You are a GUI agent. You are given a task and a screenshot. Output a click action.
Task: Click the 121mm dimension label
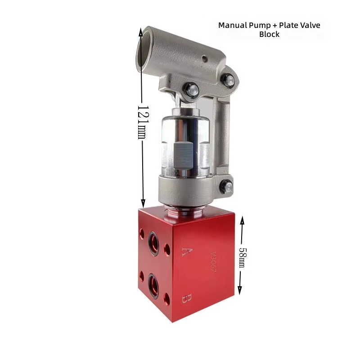[142, 122]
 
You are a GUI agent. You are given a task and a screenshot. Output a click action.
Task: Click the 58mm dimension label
[242, 257]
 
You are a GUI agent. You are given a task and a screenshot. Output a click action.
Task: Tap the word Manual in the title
[233, 25]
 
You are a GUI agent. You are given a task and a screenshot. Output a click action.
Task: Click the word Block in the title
[269, 34]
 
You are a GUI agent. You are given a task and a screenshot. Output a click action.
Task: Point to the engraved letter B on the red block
[187, 298]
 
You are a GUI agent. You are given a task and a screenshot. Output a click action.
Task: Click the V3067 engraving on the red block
[213, 262]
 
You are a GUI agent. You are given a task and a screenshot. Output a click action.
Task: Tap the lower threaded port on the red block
[153, 285]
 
